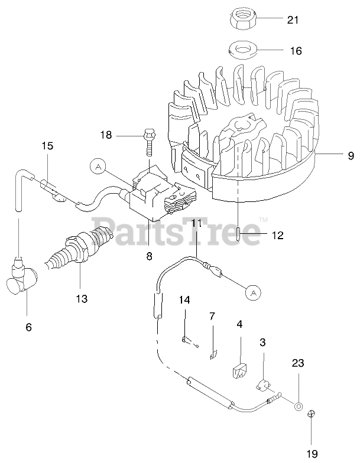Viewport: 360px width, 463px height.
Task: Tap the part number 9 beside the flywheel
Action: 351,156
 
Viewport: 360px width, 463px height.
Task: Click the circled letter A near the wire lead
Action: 252,292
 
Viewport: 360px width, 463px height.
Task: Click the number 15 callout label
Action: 47,145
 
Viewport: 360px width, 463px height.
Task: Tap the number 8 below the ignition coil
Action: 149,256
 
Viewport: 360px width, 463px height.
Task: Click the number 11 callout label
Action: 196,223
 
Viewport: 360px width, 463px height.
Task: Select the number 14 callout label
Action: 185,300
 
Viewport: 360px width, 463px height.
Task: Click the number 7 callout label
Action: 212,316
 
